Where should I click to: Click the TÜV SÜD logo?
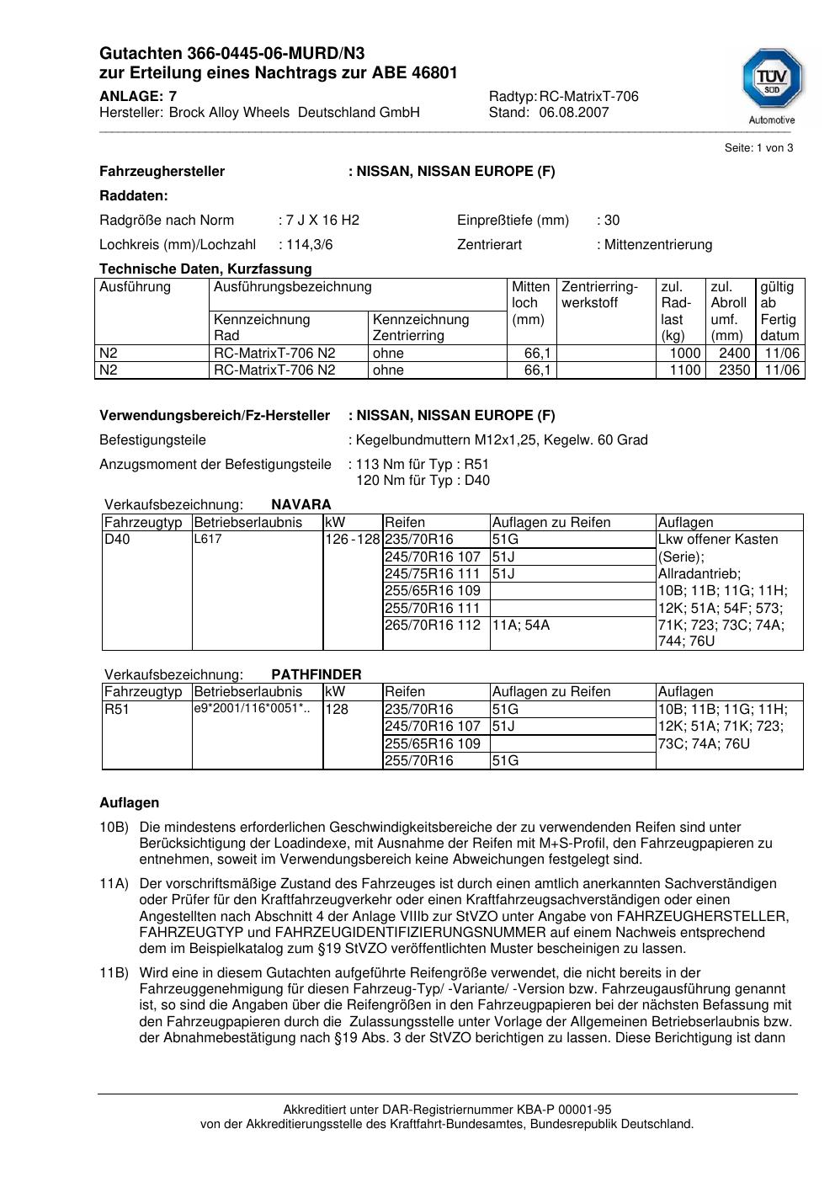(771, 82)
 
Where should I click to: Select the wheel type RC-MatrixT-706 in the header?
(588, 97)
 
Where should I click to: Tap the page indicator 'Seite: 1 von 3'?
(758, 148)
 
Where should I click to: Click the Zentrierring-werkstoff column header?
(599, 295)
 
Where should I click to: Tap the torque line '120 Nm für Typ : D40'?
(423, 481)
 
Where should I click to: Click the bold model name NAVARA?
(300, 505)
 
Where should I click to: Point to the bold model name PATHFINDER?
(316, 675)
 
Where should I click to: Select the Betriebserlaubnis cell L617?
(208, 540)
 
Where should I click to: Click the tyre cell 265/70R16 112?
(433, 625)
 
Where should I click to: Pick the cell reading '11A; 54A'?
(521, 625)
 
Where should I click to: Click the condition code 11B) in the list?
(114, 973)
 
